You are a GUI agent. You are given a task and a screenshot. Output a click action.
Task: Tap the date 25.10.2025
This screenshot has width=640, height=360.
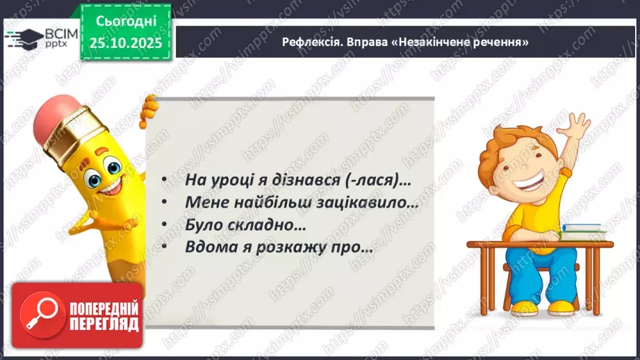(127, 42)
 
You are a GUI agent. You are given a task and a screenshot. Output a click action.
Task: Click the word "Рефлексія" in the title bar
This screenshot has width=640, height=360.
(310, 42)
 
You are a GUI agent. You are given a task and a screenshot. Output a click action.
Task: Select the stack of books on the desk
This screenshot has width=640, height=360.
(584, 230)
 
